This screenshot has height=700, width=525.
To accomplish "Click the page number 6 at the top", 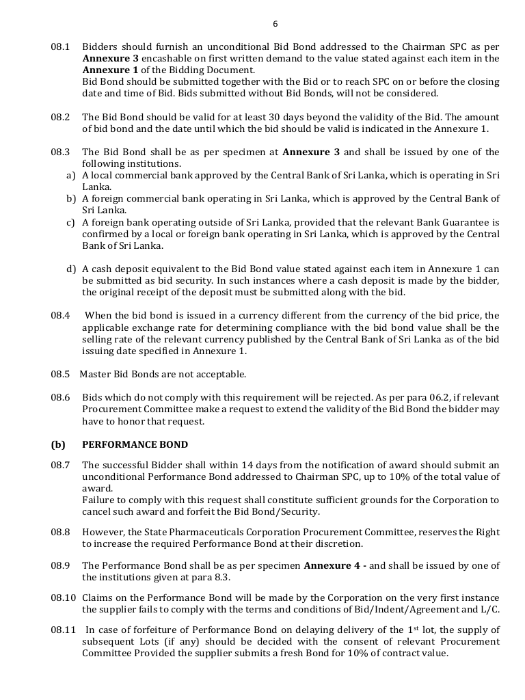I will [275, 24].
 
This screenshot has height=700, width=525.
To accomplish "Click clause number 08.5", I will [60, 374].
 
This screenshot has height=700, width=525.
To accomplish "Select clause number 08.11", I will [62, 630].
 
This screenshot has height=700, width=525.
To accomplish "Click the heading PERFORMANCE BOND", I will [135, 444].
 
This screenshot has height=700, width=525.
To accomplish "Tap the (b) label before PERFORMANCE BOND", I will [57, 444].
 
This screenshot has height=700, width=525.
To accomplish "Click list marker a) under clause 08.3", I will [70, 176].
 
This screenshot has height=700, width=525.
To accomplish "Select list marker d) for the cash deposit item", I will [70, 269].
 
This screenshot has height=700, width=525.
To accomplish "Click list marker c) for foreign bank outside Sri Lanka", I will [70, 222].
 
